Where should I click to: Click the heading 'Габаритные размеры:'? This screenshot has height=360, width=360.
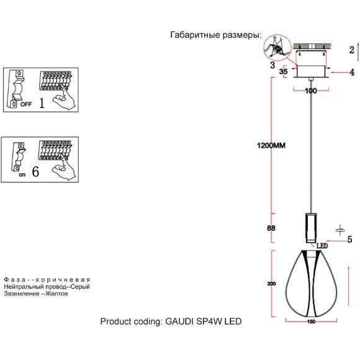[215, 35]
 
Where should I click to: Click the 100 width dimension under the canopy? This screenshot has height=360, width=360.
[311, 91]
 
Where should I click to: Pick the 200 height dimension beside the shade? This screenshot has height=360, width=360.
[271, 284]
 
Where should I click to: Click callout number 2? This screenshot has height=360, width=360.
[351, 50]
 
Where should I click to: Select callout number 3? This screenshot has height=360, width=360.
[272, 63]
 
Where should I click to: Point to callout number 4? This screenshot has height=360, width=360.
[351, 72]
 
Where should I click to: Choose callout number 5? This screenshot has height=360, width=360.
[349, 239]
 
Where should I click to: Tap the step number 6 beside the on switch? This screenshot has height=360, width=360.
[35, 172]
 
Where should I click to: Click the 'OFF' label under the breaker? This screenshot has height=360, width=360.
[25, 105]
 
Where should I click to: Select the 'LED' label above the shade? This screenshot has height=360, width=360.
[322, 246]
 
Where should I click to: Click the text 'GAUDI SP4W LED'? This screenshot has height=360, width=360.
[202, 322]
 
